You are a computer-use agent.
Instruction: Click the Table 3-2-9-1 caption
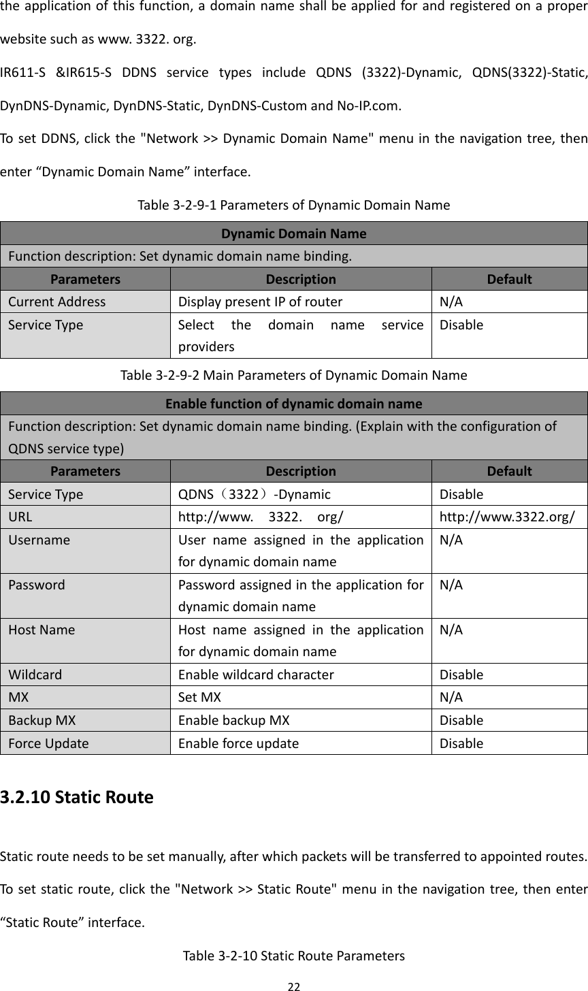[x=293, y=205]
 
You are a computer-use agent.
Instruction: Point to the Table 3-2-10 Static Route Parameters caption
[x=293, y=956]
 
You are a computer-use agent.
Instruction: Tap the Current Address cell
[x=57, y=302]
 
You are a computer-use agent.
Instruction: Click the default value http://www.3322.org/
[x=508, y=517]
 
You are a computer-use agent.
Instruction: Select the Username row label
[x=39, y=540]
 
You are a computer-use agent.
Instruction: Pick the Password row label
[x=37, y=585]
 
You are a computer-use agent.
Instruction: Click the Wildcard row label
[x=35, y=675]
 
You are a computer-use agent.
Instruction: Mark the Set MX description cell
[x=199, y=697]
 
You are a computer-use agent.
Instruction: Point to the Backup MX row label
[x=42, y=720]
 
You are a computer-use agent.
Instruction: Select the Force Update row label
[x=48, y=743]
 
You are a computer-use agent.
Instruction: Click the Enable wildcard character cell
[x=256, y=675]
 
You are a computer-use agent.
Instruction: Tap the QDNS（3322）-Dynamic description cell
[x=255, y=494]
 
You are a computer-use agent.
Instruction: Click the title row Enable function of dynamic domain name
[x=293, y=403]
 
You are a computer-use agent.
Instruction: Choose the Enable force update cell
[x=238, y=743]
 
